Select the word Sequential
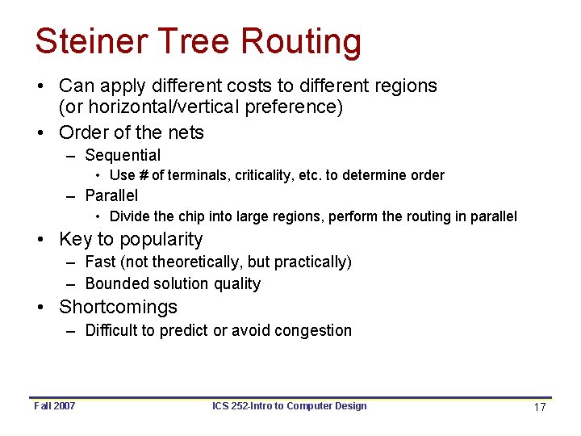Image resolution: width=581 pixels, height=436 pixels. [123, 155]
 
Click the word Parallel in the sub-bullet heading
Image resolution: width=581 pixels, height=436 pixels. [111, 195]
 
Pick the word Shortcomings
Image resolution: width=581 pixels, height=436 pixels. [118, 307]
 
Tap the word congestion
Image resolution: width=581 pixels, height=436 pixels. [313, 330]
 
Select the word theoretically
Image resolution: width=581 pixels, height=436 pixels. [192, 262]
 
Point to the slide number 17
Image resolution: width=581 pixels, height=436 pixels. [540, 407]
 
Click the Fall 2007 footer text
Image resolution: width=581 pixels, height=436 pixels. [55, 406]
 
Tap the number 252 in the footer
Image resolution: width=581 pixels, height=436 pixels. [240, 406]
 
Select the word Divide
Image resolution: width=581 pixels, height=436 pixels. [129, 216]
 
